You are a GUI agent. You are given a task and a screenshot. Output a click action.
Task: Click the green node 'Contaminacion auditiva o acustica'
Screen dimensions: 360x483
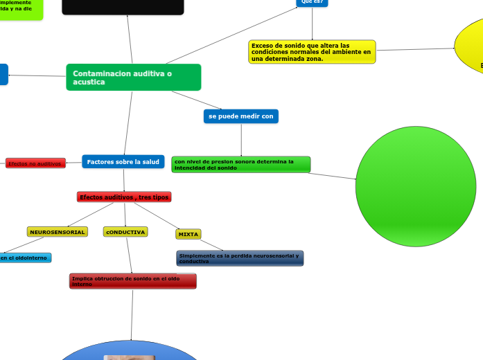pyautogui.click(x=133, y=77)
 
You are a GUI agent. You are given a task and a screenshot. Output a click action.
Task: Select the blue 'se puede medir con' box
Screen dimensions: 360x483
pyautogui.click(x=241, y=116)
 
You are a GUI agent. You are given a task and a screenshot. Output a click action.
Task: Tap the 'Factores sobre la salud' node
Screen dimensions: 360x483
pyautogui.click(x=123, y=161)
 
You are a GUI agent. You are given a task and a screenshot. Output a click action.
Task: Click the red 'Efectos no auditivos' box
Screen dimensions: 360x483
pyautogui.click(x=35, y=163)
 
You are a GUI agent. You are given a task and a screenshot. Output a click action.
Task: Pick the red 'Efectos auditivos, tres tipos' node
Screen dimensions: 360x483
pyautogui.click(x=124, y=197)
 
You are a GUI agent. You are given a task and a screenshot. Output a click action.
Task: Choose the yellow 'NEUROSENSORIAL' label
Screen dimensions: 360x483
pyautogui.click(x=58, y=232)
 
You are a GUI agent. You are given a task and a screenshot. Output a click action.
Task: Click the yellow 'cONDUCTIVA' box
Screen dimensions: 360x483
pyautogui.click(x=125, y=232)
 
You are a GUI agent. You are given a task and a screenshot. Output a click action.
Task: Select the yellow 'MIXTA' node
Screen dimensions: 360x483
pyautogui.click(x=188, y=235)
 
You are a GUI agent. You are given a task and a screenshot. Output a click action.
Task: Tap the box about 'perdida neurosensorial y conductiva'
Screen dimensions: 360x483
pyautogui.click(x=240, y=258)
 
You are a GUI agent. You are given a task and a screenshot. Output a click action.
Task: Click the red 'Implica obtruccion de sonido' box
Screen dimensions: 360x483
pyautogui.click(x=132, y=280)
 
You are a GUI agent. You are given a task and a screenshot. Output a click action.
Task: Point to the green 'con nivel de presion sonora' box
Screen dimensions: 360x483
pyautogui.click(x=240, y=164)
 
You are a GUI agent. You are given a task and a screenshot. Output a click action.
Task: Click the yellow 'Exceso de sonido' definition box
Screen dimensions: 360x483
pyautogui.click(x=312, y=51)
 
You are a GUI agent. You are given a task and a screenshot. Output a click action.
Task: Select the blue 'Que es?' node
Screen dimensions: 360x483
pyautogui.click(x=312, y=2)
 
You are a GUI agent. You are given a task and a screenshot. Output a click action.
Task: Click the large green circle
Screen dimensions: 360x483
pyautogui.click(x=416, y=186)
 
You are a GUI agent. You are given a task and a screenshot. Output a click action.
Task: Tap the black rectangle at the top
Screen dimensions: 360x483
pyautogui.click(x=123, y=6)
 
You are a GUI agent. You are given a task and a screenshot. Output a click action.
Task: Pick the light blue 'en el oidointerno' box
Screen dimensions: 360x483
pyautogui.click(x=25, y=258)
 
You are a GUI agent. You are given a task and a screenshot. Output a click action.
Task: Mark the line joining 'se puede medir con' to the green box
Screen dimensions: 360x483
pyautogui.click(x=241, y=140)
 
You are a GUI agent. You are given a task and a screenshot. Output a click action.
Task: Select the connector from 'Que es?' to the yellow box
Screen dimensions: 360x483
pyautogui.click(x=312, y=24)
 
